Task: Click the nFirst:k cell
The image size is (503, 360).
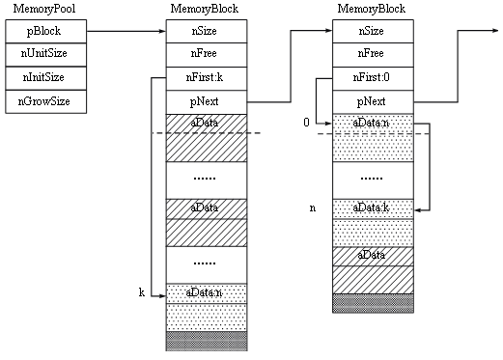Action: (x=206, y=77)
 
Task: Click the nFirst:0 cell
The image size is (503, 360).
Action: (x=373, y=77)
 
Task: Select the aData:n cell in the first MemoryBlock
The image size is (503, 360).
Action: (x=206, y=291)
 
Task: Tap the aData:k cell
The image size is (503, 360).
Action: (x=373, y=208)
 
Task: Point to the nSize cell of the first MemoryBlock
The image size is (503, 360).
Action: (x=206, y=30)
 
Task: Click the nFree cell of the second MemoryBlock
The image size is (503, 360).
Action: (x=373, y=54)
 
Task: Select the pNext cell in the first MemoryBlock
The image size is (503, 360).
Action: (x=206, y=100)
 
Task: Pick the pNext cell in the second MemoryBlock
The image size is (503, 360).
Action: (x=373, y=100)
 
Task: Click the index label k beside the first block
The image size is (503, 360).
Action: (x=142, y=291)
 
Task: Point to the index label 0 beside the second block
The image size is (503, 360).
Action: (x=306, y=123)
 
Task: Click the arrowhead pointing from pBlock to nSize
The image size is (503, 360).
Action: (x=160, y=30)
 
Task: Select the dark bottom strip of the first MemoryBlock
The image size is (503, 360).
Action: (x=206, y=341)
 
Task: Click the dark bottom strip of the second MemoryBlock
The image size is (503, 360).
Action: (x=373, y=303)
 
